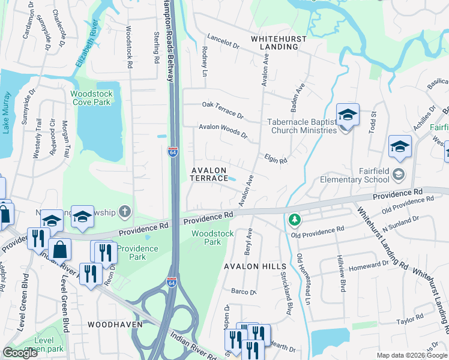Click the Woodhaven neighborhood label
(115, 324)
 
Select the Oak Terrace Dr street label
(223, 109)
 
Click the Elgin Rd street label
(276, 158)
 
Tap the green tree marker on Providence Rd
(294, 220)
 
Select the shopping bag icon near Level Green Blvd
(61, 249)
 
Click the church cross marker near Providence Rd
(125, 211)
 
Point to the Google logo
(21, 353)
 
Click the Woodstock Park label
(206, 238)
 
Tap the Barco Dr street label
(244, 292)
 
